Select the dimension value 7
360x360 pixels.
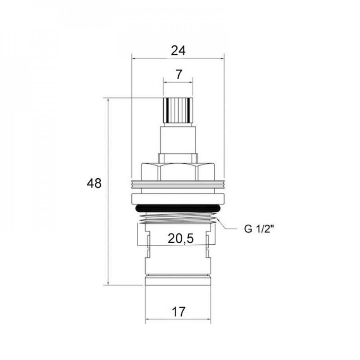pos(179,75)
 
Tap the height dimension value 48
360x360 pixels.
pos(94,184)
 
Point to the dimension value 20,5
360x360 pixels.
pos(181,239)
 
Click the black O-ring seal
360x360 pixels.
pos(178,208)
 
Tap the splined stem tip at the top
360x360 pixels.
pos(178,110)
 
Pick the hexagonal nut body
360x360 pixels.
pos(178,171)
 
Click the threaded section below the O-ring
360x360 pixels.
pos(178,218)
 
